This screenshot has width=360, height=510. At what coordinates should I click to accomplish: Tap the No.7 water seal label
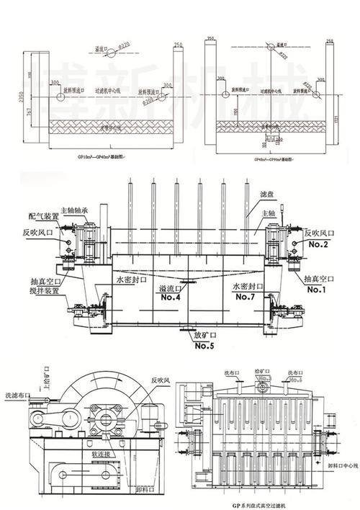pyautogui.click(x=247, y=297)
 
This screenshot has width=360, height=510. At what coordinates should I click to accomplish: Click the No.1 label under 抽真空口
pyautogui.click(x=316, y=290)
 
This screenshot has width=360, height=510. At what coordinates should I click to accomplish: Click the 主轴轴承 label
pyautogui.click(x=75, y=210)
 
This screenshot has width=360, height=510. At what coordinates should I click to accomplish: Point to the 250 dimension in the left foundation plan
pyautogui.click(x=177, y=45)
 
